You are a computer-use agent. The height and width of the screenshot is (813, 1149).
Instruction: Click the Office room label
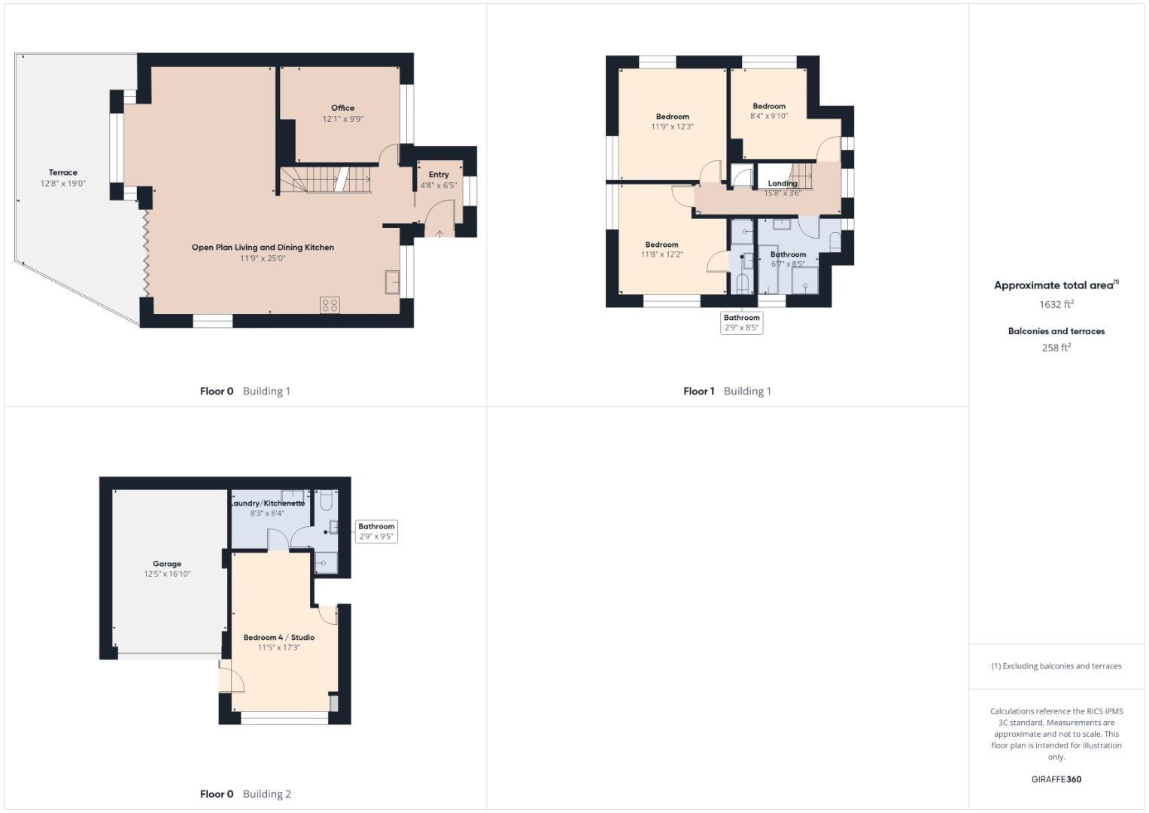click(x=342, y=108)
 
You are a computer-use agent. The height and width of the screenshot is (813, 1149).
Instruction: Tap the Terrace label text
click(x=63, y=172)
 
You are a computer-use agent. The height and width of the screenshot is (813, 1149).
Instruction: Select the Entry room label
click(x=439, y=175)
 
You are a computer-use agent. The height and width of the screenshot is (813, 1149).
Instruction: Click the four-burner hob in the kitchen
click(x=330, y=304)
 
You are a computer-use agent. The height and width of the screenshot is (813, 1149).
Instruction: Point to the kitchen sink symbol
click(x=392, y=282)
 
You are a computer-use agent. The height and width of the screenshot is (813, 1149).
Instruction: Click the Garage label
click(x=167, y=564)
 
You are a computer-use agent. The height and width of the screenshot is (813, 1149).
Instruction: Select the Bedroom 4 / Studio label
click(x=279, y=638)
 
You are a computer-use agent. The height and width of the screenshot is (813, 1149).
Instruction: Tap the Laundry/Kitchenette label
click(x=267, y=503)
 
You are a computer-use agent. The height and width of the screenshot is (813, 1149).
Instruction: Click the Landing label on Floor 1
click(x=783, y=184)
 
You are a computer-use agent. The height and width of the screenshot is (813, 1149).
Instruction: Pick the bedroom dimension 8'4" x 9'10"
click(x=769, y=116)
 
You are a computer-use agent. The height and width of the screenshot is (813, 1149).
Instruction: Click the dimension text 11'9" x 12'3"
click(x=672, y=126)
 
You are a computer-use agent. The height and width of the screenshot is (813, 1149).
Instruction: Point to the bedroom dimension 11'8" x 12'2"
click(x=661, y=254)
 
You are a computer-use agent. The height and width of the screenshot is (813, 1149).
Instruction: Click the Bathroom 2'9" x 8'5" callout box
click(x=742, y=322)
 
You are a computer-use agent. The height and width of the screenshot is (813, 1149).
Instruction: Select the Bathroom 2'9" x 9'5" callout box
click(x=376, y=531)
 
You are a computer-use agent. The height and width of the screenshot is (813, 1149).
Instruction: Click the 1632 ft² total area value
click(x=1056, y=304)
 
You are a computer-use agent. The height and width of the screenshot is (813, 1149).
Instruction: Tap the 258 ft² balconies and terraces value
click(x=1056, y=348)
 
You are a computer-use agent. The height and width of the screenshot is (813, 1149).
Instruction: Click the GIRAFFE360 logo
click(x=1056, y=779)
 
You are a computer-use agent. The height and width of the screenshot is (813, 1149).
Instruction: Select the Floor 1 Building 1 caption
click(x=727, y=391)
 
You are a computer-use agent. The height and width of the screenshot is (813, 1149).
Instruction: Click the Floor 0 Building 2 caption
click(x=245, y=793)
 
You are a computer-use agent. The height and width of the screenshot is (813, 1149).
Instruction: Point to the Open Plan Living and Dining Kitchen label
click(x=263, y=247)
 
